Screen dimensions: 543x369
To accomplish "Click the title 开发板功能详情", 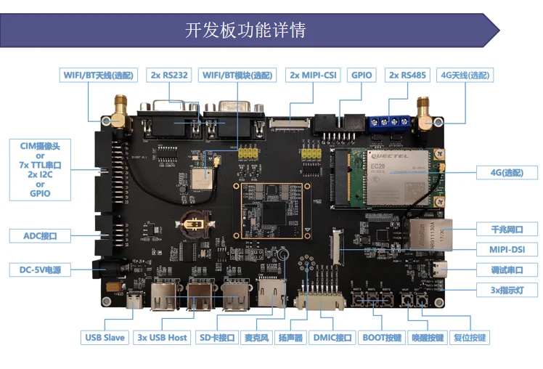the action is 246,31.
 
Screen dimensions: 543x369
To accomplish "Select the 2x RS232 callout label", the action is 169,75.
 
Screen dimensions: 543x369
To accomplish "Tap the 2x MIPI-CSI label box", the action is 314,75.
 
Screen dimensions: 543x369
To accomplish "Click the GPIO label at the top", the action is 362,75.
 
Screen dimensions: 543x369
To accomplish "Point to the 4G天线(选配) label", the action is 465,75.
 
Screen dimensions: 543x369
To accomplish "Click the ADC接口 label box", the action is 40,236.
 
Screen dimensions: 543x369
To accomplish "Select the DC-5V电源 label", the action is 40,270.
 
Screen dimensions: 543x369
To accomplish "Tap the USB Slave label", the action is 105,338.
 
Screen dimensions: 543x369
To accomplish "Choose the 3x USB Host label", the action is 163,338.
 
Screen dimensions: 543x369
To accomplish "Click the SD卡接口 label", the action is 218,338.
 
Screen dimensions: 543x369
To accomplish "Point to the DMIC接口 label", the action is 332,338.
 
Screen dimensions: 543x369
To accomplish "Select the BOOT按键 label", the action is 382,338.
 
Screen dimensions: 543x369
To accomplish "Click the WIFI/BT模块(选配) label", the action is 237,75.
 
